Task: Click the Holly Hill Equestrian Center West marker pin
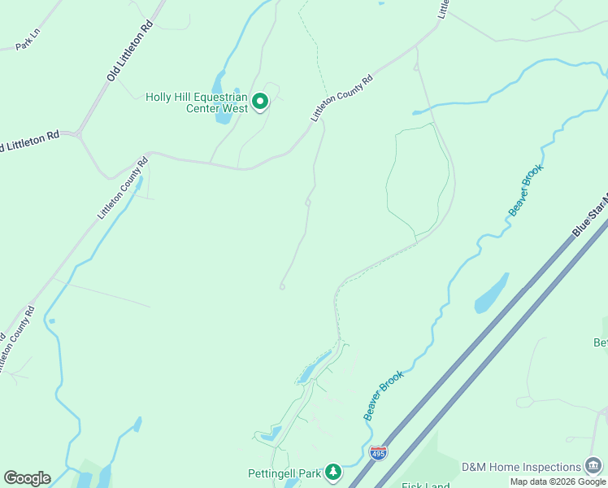coord(260,102)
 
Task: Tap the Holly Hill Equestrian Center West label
coord(196,102)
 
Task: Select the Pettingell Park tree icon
coord(332,472)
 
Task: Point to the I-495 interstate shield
coord(378,452)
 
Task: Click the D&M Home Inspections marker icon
coord(593,466)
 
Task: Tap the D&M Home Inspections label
coord(521,467)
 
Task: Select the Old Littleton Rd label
coord(130,51)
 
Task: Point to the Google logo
coord(27,477)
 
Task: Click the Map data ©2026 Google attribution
coord(558,481)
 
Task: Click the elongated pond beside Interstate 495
coord(491,294)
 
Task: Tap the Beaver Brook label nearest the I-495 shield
coord(383,395)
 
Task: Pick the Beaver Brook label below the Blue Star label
coord(525,190)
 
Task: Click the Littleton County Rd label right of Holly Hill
coord(341,98)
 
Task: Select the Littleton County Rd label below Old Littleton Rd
coord(124,189)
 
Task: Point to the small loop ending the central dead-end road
coord(282,286)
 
